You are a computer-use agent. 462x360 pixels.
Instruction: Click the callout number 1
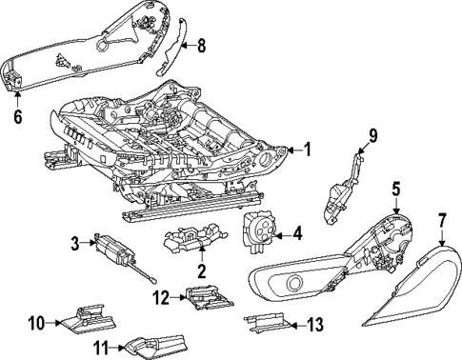(x=308, y=150)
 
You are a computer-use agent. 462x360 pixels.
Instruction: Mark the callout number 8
(x=199, y=44)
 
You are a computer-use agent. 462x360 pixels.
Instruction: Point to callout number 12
(x=162, y=298)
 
